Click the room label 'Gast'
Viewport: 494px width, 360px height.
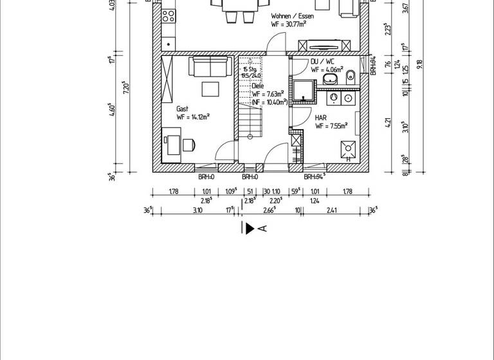click(x=183, y=109)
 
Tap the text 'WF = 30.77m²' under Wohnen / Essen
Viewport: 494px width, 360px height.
click(x=289, y=23)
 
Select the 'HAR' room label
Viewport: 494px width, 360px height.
click(x=321, y=118)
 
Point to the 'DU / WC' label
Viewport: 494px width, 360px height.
click(x=323, y=61)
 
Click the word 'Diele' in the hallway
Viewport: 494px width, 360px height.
click(x=258, y=85)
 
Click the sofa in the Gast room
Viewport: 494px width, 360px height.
click(x=210, y=66)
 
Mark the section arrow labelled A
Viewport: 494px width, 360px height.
click(x=250, y=228)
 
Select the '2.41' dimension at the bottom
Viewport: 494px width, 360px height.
click(x=331, y=210)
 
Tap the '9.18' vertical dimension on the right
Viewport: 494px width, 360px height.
click(x=419, y=63)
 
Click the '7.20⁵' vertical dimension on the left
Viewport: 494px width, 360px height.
click(x=127, y=89)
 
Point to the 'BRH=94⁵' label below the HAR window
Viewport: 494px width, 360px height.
click(x=314, y=177)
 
